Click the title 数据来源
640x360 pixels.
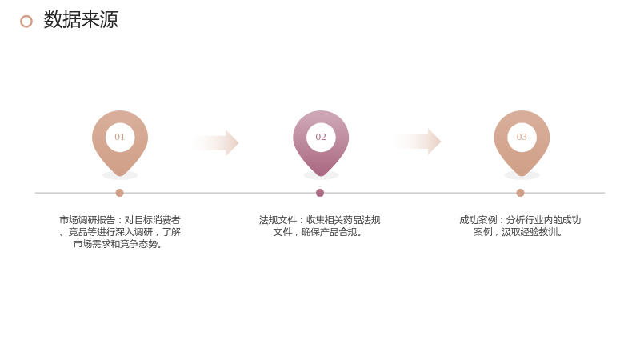[81, 19]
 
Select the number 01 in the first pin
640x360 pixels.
[119, 137]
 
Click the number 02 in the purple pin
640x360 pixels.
[321, 137]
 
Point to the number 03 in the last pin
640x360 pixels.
[522, 137]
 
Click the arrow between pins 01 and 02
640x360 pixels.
[214, 143]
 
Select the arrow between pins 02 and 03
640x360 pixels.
[416, 142]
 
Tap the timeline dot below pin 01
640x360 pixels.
[119, 193]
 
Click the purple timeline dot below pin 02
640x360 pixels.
[320, 193]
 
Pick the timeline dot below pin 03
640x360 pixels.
[520, 193]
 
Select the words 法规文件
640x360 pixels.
[278, 220]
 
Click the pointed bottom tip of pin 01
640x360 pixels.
[120, 176]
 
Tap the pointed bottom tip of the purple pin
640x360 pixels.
[321, 176]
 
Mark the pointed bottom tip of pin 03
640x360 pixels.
[522, 176]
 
